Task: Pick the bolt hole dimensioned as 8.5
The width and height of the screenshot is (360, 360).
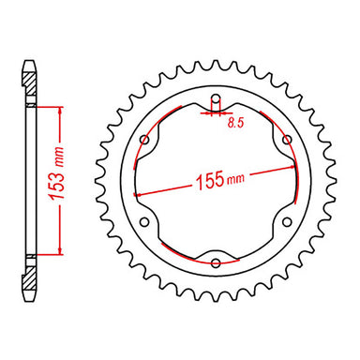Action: (x=216, y=99)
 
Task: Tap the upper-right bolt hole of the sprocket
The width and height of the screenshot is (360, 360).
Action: (x=287, y=141)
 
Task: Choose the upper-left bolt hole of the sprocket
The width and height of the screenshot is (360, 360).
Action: (x=145, y=141)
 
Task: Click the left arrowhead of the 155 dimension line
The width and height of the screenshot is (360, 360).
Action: (x=137, y=194)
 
